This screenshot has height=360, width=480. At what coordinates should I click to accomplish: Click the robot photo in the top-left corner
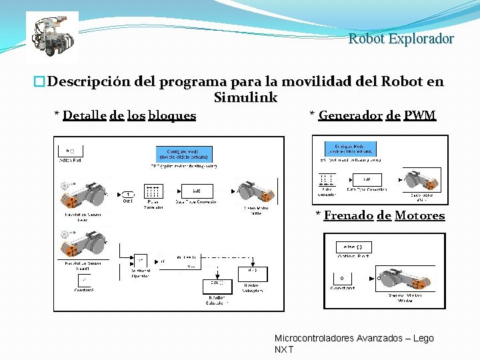pyautogui.click(x=52, y=37)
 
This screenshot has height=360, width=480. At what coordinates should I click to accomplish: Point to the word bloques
pyautogui.click(x=172, y=115)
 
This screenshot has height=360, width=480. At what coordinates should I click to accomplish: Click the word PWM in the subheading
pyautogui.click(x=420, y=115)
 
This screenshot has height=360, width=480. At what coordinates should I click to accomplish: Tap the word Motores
pyautogui.click(x=419, y=215)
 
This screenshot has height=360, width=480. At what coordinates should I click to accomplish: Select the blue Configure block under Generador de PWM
pyautogui.click(x=353, y=148)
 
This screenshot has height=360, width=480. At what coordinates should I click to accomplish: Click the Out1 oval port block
pyautogui.click(x=127, y=194)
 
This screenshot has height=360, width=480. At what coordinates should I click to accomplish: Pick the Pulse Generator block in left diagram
pyautogui.click(x=153, y=191)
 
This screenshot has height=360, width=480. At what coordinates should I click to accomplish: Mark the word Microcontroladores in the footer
pyautogui.click(x=317, y=339)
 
